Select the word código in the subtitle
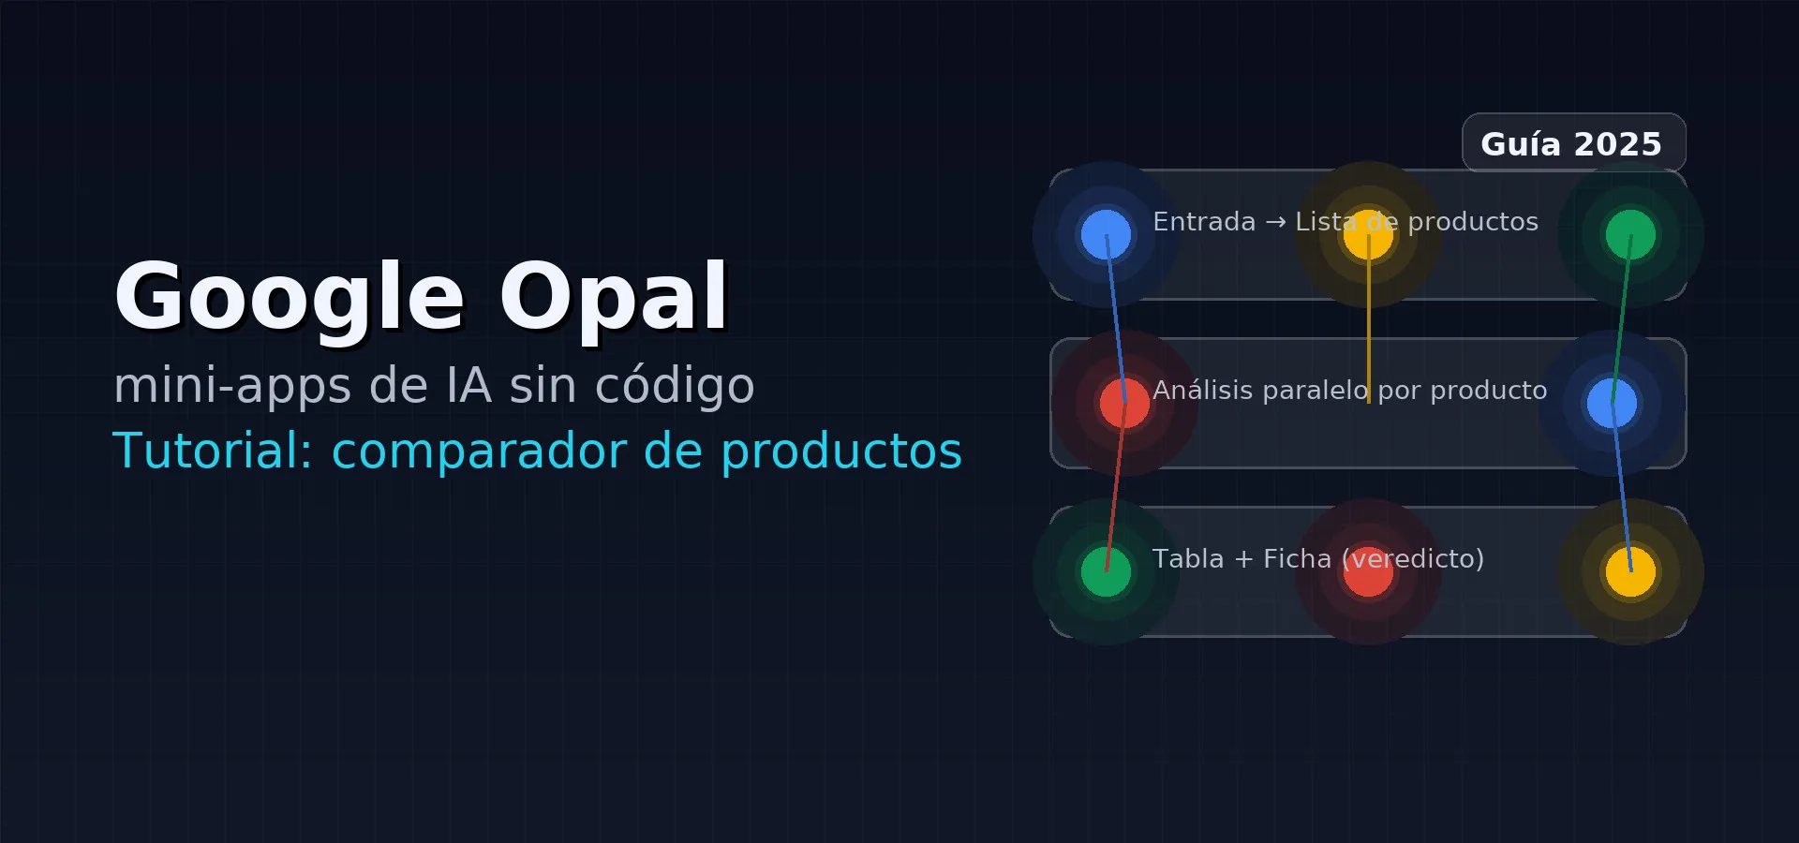click(x=675, y=385)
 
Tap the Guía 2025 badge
click(x=1574, y=143)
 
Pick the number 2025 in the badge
click(x=1618, y=144)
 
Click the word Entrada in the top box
click(x=1204, y=222)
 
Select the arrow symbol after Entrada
click(x=1275, y=223)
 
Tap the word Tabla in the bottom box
click(x=1188, y=558)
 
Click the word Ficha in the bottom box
click(x=1297, y=558)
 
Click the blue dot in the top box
click(x=1106, y=234)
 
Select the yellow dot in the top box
click(x=1368, y=234)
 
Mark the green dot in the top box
click(x=1630, y=234)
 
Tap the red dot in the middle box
click(x=1124, y=403)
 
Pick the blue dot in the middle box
click(x=1612, y=403)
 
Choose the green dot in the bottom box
click(x=1106, y=571)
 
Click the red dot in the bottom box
click(x=1368, y=571)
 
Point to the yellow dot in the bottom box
click(x=1630, y=571)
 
